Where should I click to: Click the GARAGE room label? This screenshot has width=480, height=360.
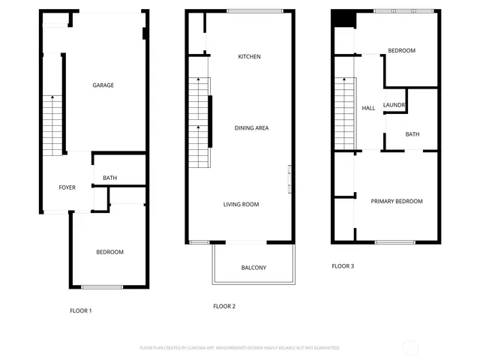coord(103,85)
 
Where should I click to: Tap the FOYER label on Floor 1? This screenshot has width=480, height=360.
coord(67,187)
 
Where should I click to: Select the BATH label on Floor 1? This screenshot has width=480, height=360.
coord(109,178)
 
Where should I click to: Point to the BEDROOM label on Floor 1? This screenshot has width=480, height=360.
coord(109,252)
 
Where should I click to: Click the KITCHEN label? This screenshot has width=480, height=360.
coord(249,57)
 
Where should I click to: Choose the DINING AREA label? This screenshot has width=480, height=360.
coord(251,128)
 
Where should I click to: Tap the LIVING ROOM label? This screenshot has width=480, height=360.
coord(241,204)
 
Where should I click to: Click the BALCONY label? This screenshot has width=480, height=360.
coord(253,268)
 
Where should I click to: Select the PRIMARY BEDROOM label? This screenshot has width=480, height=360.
coord(397,201)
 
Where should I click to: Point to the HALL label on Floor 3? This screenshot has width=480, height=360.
coord(368,109)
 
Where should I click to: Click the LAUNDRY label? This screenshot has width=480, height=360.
coord(394,105)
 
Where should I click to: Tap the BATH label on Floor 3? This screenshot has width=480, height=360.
coord(412,135)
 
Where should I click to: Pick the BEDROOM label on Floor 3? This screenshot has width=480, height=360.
coord(401,50)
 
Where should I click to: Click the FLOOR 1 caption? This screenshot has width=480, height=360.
coord(80,310)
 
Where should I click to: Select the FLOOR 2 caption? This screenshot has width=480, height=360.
coord(224,306)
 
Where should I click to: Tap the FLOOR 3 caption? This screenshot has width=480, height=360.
coord(343,266)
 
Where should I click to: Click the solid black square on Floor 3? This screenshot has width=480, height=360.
coord(343,19)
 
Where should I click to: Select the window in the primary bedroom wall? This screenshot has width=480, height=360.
coord(395,242)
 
